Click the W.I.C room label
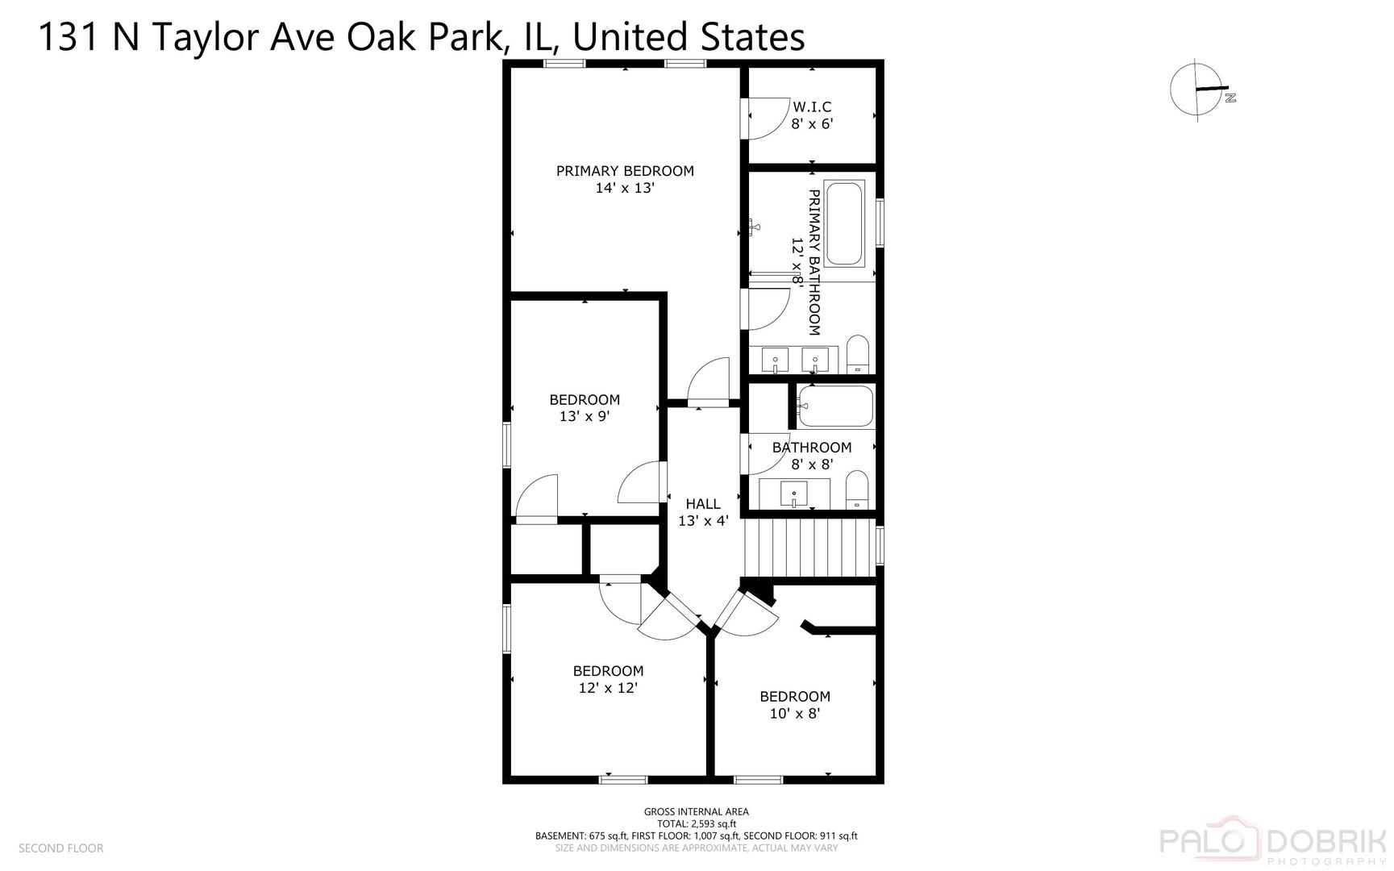tap(812, 106)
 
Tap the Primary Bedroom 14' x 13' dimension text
tap(625, 188)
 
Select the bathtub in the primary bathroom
tap(844, 223)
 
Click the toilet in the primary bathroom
tap(857, 355)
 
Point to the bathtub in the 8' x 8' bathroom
tap(835, 406)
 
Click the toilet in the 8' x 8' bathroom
tap(857, 490)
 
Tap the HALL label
tap(703, 503)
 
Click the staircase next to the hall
tap(809, 548)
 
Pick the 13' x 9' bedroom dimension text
tap(585, 417)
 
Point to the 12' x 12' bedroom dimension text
tap(608, 688)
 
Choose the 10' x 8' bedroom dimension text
tap(795, 714)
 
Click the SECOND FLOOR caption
tap(61, 848)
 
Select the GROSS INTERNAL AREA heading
tap(696, 811)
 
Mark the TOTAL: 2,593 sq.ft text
tap(696, 823)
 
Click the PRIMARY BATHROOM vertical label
tap(814, 262)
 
